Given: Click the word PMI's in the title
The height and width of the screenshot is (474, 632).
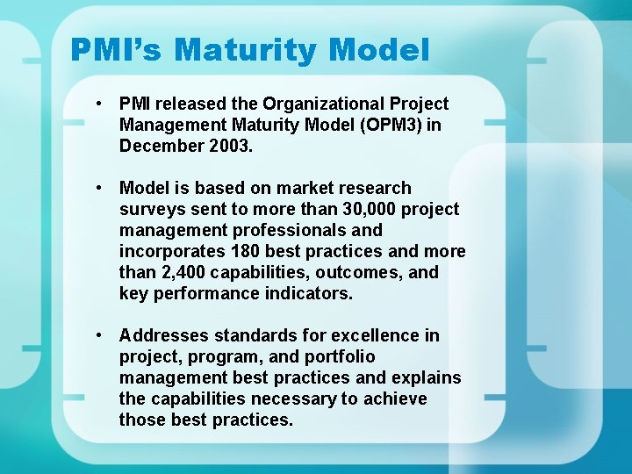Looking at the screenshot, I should pyautogui.click(x=118, y=50).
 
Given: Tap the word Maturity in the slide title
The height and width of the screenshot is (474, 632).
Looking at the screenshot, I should pyautogui.click(x=248, y=50).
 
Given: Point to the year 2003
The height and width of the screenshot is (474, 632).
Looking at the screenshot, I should pyautogui.click(x=231, y=146).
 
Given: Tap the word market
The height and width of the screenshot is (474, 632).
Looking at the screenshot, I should pyautogui.click(x=306, y=188).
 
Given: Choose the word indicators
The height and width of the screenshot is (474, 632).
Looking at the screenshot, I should pyautogui.click(x=308, y=293).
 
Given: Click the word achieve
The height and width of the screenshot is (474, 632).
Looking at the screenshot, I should pyautogui.click(x=394, y=399).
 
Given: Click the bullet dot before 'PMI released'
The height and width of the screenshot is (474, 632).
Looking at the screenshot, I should pyautogui.click(x=102, y=104).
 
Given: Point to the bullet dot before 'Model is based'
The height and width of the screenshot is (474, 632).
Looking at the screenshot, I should pyautogui.click(x=102, y=188).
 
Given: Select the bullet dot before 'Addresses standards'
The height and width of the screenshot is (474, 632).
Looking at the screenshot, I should pyautogui.click(x=102, y=335).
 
